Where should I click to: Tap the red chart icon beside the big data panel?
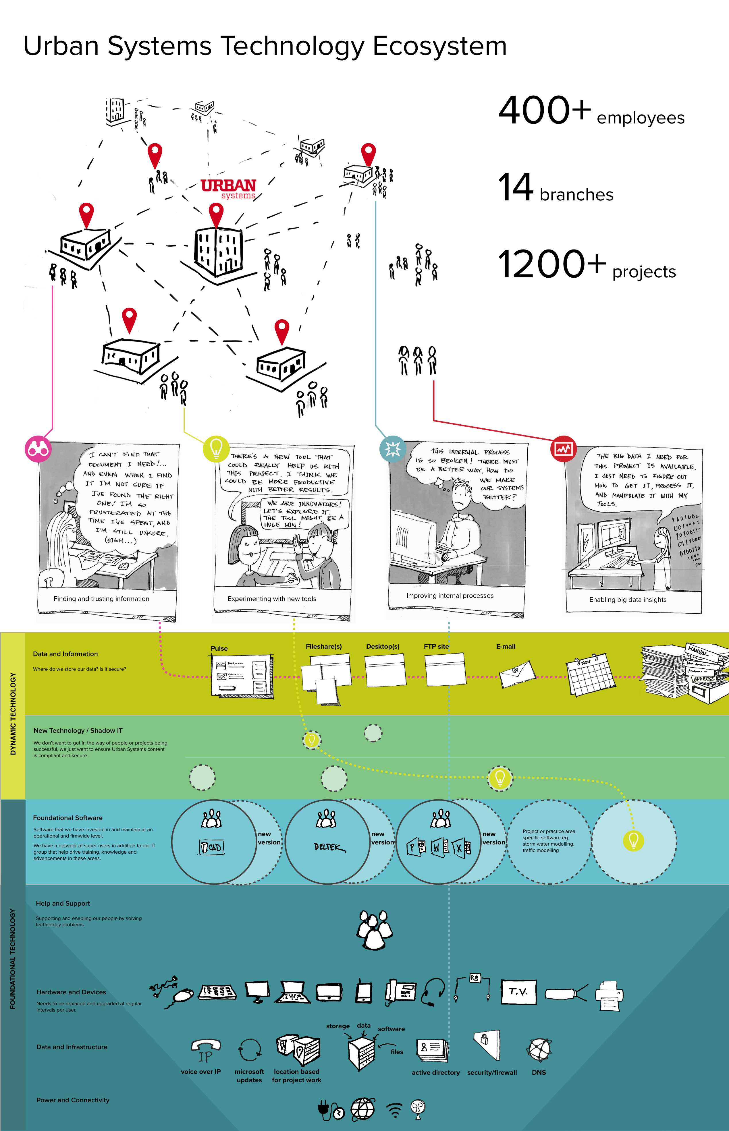[x=563, y=448]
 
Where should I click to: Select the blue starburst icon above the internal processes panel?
[x=392, y=448]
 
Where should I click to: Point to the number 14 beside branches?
[x=516, y=187]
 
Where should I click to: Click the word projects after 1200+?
[x=644, y=272]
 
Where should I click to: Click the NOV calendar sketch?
[x=589, y=677]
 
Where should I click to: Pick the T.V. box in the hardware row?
[x=518, y=991]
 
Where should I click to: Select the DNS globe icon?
[x=539, y=1051]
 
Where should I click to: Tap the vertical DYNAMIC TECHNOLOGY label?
[x=13, y=714]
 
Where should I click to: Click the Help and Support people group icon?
[x=374, y=929]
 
